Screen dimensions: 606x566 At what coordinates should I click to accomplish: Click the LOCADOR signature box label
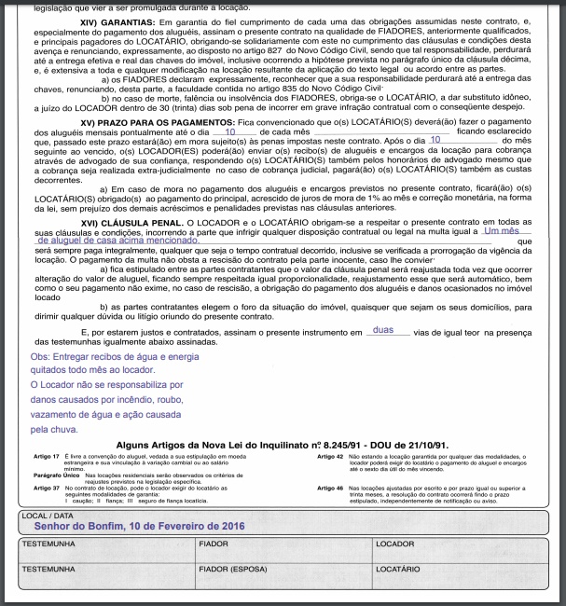(394, 543)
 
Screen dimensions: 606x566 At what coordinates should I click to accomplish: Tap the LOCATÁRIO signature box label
(398, 567)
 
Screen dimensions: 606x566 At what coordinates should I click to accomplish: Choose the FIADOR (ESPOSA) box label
(232, 567)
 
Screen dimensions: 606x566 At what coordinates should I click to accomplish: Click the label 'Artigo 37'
(47, 488)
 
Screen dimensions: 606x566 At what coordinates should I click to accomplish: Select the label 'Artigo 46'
(331, 488)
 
